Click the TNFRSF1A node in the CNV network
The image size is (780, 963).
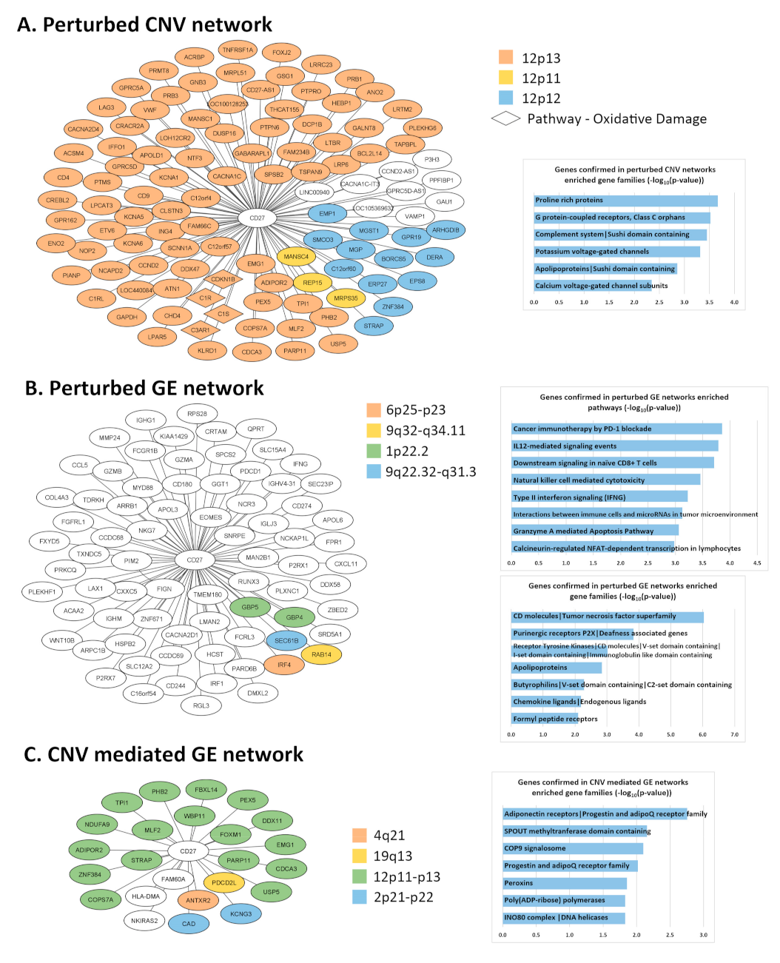(238, 50)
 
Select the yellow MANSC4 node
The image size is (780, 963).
(295, 257)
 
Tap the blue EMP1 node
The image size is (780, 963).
(327, 214)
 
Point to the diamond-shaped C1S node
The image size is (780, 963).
(223, 314)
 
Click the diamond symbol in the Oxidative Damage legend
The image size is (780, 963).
(506, 118)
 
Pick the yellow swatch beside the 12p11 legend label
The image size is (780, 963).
(506, 78)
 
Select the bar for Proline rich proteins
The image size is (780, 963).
(625, 201)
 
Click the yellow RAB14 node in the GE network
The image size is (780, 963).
(321, 654)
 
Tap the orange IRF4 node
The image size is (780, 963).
(284, 665)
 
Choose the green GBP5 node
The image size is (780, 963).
(250, 607)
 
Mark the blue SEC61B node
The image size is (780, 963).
(286, 640)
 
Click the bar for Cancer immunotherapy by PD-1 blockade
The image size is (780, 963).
(616, 429)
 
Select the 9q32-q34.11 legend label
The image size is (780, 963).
(426, 431)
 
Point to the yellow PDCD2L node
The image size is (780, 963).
(223, 882)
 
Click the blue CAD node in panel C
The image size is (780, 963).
(189, 924)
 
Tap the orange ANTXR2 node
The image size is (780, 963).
(198, 900)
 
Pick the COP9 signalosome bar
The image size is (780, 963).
(573, 848)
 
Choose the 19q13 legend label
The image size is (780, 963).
(393, 856)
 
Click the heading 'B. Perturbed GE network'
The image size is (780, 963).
(144, 388)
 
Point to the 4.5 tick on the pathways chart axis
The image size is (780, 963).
(757, 563)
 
